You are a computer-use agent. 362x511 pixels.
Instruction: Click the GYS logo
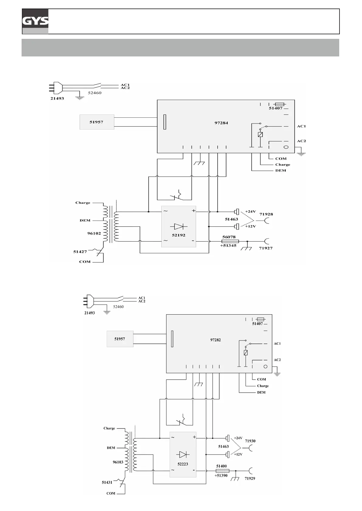tap(35, 21)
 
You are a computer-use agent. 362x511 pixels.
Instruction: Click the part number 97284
tap(221, 123)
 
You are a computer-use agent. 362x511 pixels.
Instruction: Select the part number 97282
tap(215, 340)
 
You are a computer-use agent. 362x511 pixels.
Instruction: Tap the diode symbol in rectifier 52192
tap(179, 226)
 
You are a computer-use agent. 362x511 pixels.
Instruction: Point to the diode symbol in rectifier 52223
tap(183, 454)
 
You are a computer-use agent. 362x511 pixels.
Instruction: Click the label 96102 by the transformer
tap(94, 233)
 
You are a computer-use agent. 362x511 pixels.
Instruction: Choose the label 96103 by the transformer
tap(118, 462)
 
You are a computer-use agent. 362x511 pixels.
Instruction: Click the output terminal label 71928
tap(266, 214)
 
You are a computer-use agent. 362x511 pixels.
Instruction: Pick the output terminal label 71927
tap(266, 248)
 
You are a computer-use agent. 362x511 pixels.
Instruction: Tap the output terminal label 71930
tap(250, 441)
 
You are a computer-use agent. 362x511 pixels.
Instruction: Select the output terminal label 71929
tap(250, 478)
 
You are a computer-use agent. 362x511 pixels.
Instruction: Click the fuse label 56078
tap(229, 237)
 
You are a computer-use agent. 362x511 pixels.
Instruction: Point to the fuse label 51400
tap(221, 466)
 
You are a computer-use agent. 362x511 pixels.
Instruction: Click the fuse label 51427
tap(80, 252)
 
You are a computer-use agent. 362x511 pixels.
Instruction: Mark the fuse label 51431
tap(107, 482)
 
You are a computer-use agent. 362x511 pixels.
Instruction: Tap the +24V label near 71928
tap(250, 212)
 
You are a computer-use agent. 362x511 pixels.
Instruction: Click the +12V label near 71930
tap(238, 454)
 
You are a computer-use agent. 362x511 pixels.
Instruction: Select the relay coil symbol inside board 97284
tap(260, 134)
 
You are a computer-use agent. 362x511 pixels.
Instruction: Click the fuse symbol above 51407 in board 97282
tap(260, 319)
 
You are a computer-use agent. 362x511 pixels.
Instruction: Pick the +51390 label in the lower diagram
tap(221, 475)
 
